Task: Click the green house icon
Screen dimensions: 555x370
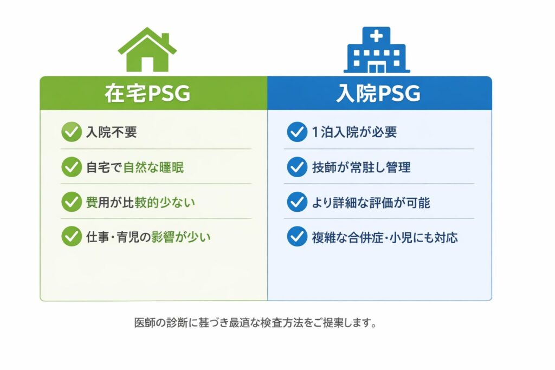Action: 147,49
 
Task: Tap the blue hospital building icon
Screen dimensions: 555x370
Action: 377,50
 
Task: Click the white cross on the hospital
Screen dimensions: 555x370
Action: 376,36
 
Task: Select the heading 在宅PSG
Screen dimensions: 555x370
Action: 147,93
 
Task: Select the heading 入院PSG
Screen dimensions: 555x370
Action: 378,93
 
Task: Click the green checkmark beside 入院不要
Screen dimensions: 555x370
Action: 72,132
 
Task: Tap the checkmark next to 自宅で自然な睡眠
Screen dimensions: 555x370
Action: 72,167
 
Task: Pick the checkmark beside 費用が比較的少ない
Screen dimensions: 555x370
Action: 72,202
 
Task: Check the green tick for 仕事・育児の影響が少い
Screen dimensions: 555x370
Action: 72,236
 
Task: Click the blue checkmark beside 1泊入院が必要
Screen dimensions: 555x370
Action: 297,132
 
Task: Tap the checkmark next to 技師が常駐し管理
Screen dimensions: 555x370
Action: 297,167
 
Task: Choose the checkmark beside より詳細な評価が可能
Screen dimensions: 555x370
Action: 297,202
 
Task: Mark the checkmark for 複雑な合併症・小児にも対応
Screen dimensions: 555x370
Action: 297,236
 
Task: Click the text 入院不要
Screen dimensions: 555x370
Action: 112,132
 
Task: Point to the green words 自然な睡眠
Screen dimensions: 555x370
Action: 153,167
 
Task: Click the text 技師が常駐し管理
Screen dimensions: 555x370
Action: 361,167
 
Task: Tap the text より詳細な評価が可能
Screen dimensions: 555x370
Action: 371,203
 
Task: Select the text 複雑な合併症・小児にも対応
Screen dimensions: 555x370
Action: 385,237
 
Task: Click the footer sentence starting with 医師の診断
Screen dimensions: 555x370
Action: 255,323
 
